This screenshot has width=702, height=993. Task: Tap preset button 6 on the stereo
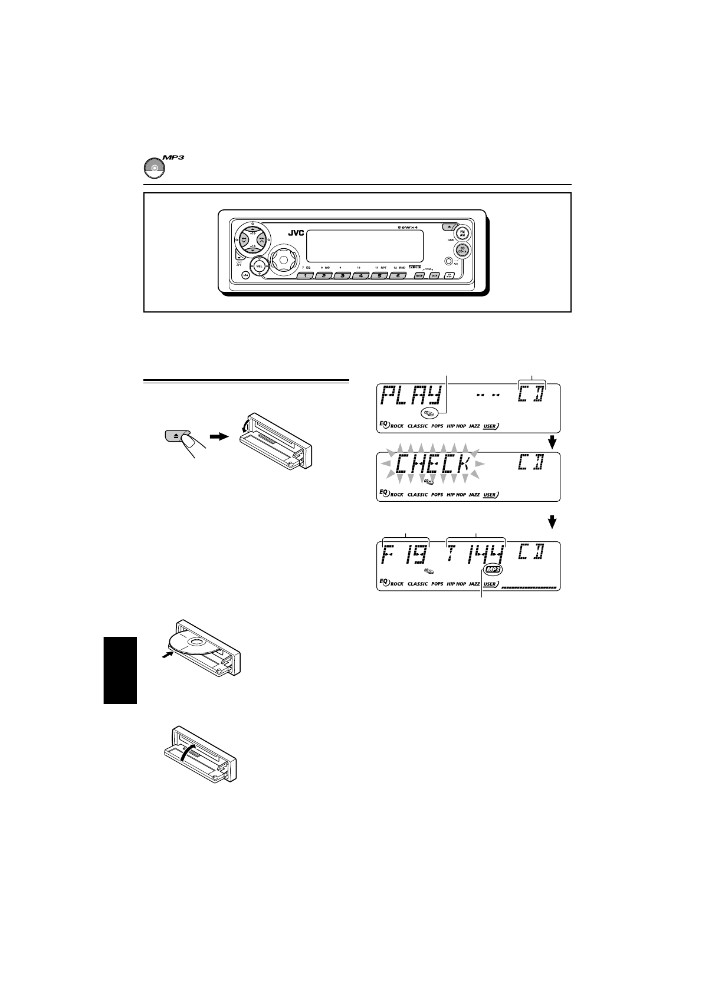(398, 275)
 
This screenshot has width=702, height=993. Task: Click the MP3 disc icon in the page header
(153, 168)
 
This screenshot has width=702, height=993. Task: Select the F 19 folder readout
(405, 555)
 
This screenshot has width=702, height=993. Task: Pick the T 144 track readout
(477, 555)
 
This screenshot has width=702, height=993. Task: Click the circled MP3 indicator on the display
(493, 570)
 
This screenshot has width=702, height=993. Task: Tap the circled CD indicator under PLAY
(430, 412)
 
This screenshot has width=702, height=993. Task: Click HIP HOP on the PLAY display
(456, 426)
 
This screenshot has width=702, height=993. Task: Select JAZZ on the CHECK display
(474, 495)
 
